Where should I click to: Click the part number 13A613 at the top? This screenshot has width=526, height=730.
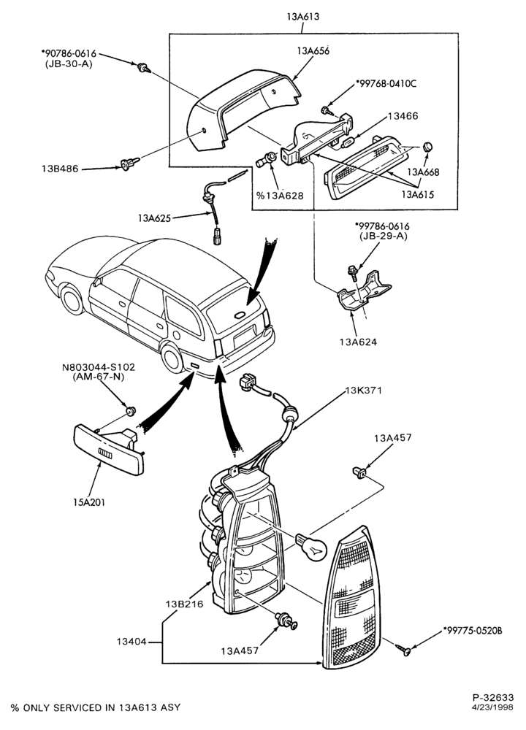point(303,17)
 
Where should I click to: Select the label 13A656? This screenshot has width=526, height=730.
point(312,51)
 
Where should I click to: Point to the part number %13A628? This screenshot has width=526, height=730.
point(280,196)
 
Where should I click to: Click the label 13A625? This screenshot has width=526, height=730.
point(154,218)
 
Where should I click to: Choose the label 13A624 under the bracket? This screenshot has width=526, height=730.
point(358,342)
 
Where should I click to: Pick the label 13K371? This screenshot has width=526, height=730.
point(363,390)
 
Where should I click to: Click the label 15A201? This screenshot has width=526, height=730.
point(88,502)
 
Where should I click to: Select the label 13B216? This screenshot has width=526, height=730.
point(185,604)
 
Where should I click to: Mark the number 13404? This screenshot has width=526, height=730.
point(131,642)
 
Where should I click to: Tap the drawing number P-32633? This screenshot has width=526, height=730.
point(493,697)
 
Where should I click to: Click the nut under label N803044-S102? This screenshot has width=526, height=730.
point(131,410)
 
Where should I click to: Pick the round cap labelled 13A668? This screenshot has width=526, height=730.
point(427,147)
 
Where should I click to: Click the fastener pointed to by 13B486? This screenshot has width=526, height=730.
point(129,164)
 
